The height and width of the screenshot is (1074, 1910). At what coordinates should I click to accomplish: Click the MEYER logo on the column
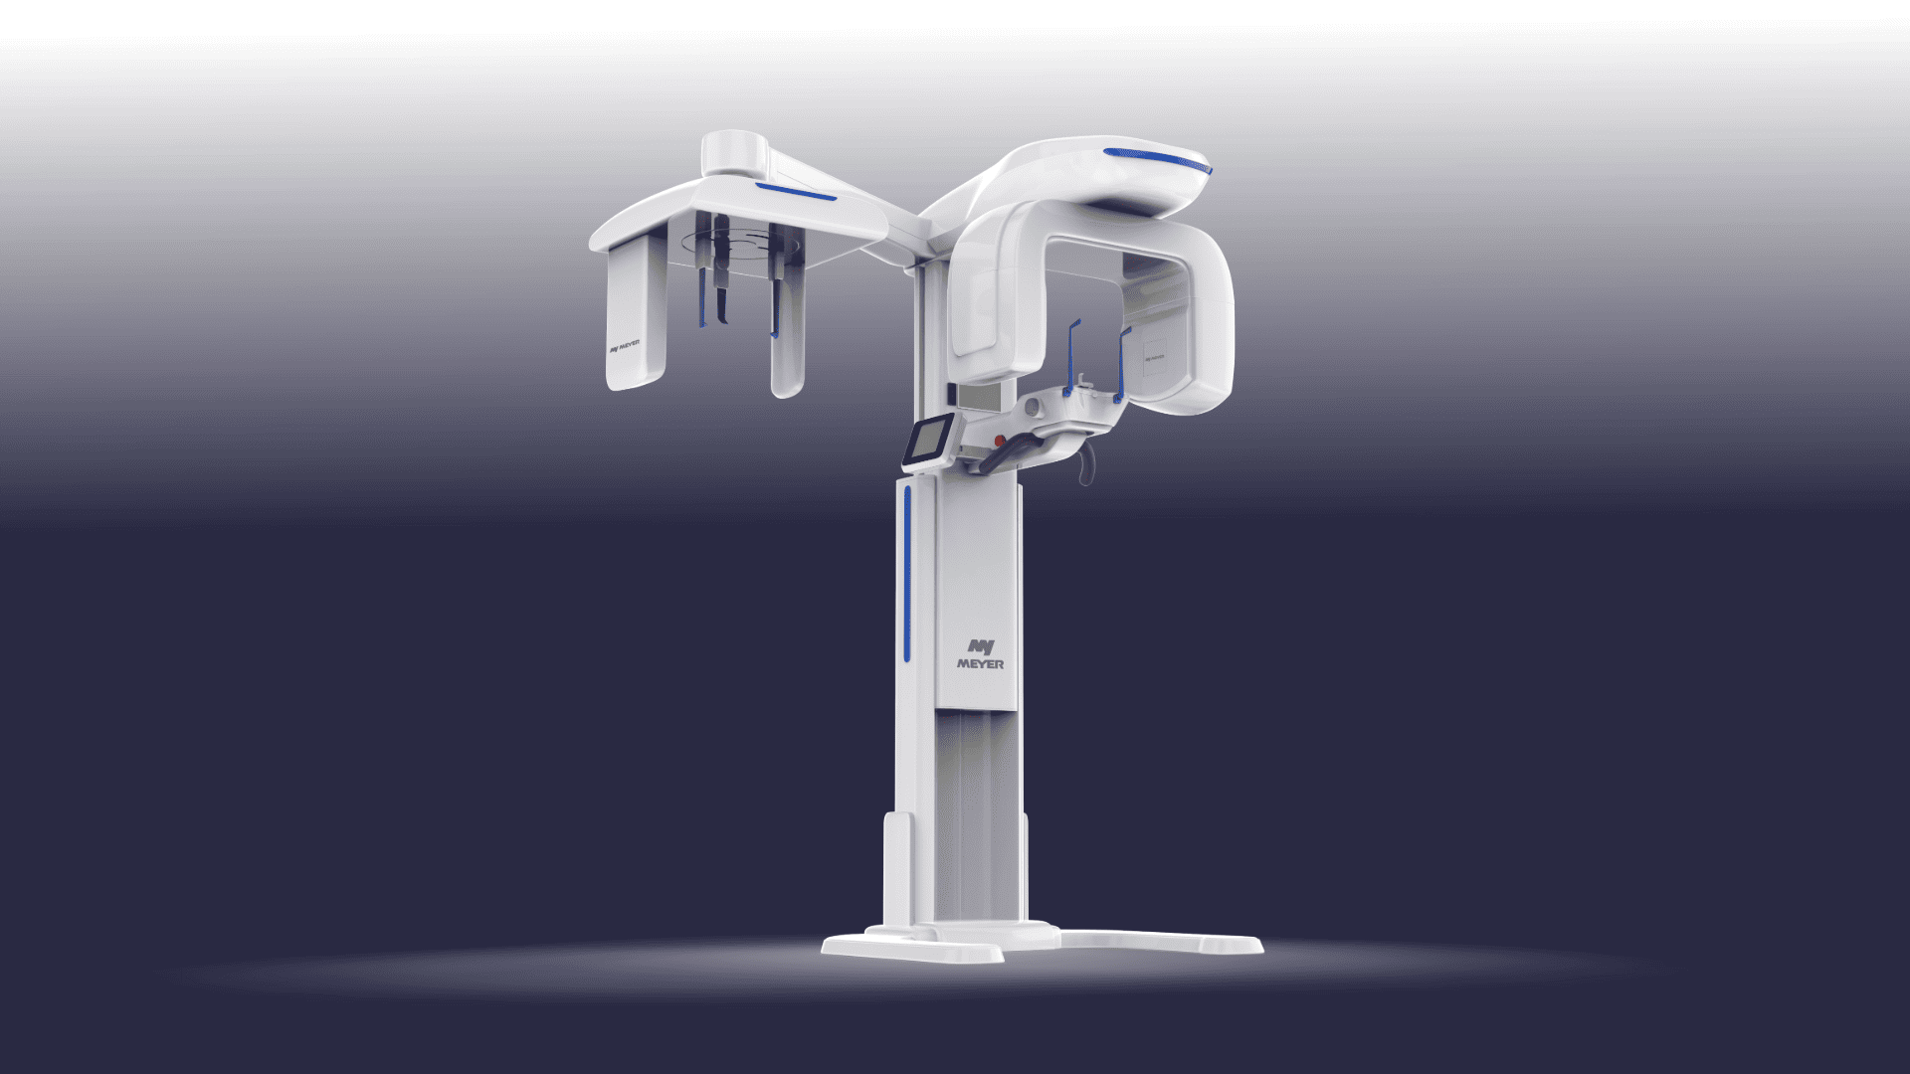click(979, 653)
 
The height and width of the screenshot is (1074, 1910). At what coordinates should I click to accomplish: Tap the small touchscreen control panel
click(928, 442)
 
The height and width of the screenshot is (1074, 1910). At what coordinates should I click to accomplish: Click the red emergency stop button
click(999, 440)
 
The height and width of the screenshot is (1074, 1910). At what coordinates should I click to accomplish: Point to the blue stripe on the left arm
click(795, 192)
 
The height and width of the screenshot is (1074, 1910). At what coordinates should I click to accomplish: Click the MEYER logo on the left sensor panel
click(624, 348)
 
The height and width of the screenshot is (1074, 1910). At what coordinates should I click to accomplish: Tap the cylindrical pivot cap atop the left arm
click(733, 152)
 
